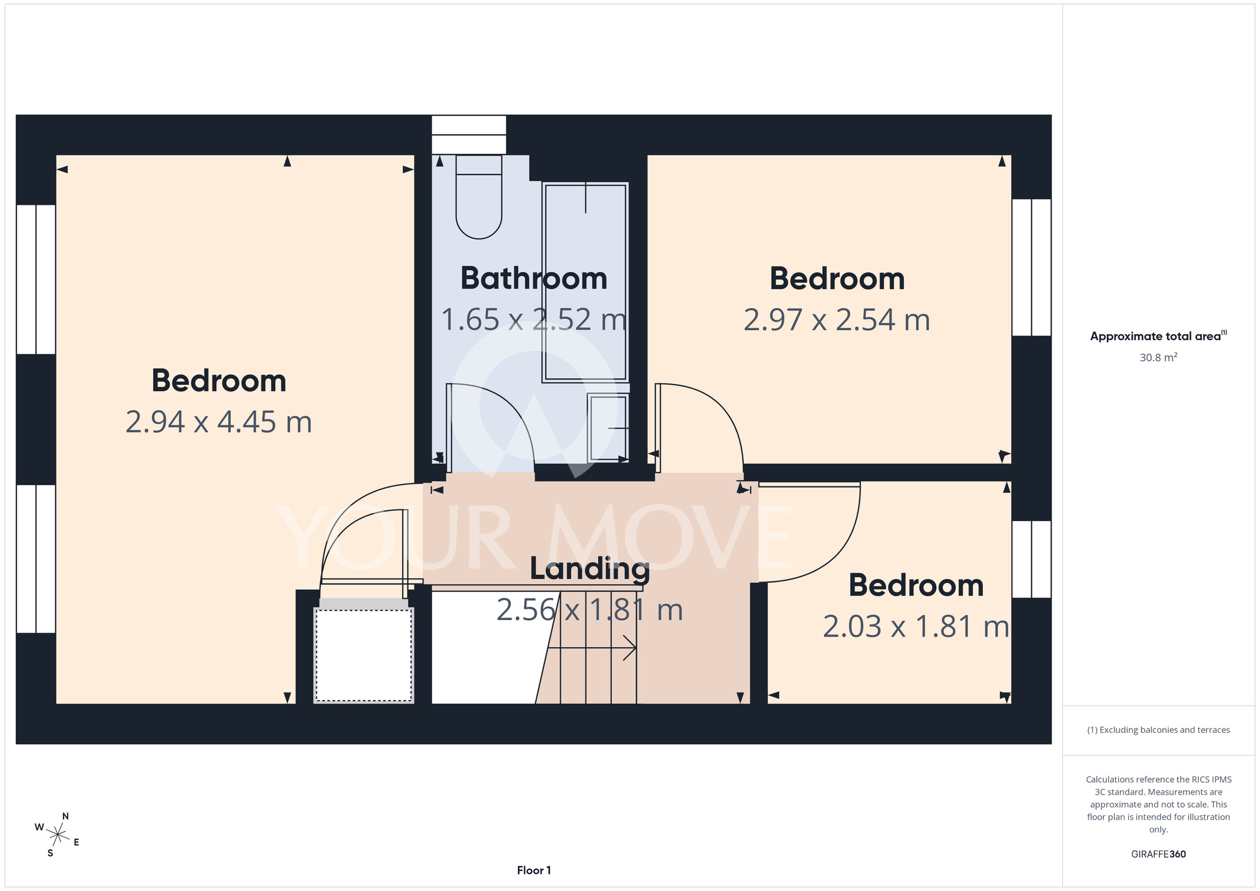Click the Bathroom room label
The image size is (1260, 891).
(x=534, y=279)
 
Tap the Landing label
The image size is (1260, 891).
(x=590, y=569)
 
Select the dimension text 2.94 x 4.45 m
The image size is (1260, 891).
(x=219, y=422)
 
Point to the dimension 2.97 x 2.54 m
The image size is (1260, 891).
(x=837, y=319)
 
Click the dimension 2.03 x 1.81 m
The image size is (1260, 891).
(x=916, y=626)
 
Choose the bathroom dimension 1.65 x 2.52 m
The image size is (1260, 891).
(x=534, y=319)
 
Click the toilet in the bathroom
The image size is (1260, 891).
(x=479, y=197)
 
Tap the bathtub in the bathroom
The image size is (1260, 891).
(x=585, y=282)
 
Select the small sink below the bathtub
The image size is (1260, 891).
(x=608, y=428)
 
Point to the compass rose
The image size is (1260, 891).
(x=57, y=836)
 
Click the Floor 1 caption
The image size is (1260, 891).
(x=534, y=870)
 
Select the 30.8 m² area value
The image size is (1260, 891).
(x=1159, y=357)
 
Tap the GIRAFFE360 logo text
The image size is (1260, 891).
(x=1159, y=854)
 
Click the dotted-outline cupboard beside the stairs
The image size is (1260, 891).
(x=364, y=655)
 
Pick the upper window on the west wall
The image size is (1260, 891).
(x=36, y=279)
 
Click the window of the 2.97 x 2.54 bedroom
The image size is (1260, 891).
(x=1031, y=267)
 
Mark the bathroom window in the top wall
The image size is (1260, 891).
(x=469, y=134)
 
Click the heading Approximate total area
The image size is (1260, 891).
(x=1159, y=336)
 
